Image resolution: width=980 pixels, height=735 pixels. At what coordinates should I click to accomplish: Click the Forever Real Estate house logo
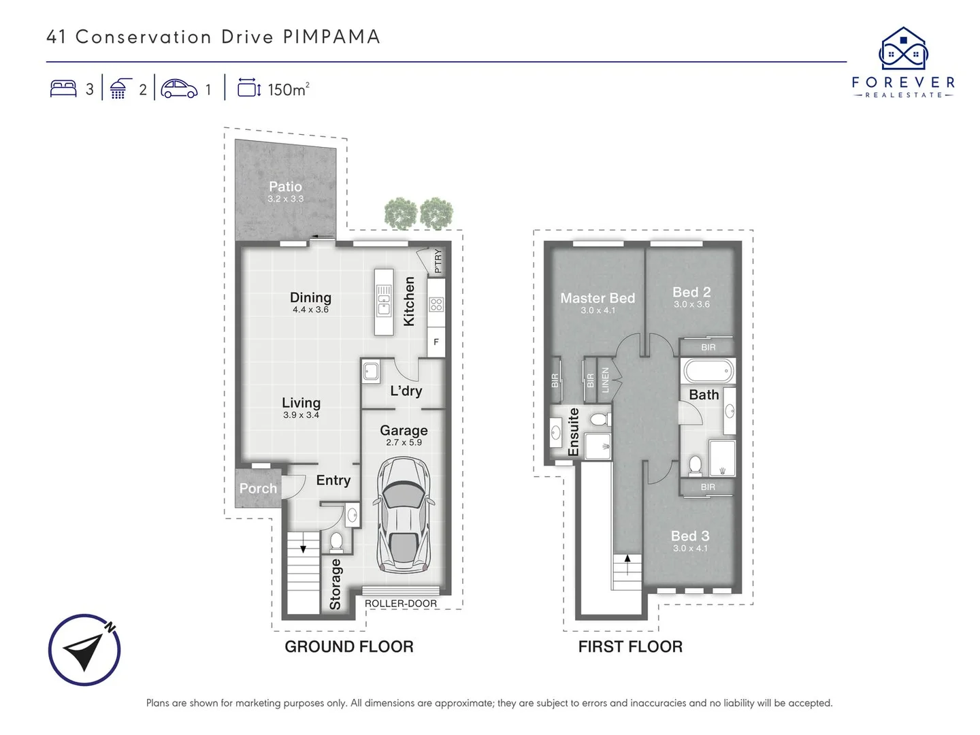click(x=903, y=49)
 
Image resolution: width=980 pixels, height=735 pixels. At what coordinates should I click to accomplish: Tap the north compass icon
click(x=84, y=650)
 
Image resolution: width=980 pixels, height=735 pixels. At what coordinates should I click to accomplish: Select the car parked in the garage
click(x=404, y=514)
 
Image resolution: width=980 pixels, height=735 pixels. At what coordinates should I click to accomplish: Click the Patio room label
click(x=285, y=186)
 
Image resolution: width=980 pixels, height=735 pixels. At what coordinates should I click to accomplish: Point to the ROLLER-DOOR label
click(x=401, y=604)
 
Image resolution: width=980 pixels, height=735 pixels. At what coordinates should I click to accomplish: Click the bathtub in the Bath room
click(x=708, y=372)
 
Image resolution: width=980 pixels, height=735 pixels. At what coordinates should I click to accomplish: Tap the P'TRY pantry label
click(x=438, y=261)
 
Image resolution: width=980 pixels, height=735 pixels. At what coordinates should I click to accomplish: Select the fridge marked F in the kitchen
click(x=436, y=342)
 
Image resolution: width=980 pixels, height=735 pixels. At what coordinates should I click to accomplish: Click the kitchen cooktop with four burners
click(x=436, y=305)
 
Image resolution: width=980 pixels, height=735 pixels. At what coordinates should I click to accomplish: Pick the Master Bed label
click(x=598, y=298)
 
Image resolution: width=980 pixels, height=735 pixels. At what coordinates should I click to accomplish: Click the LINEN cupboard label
click(x=605, y=380)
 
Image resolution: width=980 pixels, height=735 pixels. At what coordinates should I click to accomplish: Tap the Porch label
click(x=258, y=489)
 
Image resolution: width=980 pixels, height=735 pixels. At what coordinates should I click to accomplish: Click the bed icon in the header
click(x=63, y=88)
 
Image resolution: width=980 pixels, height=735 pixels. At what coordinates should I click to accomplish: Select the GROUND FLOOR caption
click(x=348, y=647)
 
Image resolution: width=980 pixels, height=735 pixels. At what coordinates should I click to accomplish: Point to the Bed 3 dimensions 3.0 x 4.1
click(x=690, y=549)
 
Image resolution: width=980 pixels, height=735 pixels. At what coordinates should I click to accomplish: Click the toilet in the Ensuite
click(x=600, y=419)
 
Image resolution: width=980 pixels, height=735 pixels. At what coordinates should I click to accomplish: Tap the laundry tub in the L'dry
click(x=370, y=372)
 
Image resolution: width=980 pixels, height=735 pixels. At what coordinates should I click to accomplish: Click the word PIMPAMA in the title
click(x=331, y=37)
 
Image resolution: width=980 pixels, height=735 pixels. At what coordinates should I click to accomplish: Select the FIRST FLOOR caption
click(x=630, y=647)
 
